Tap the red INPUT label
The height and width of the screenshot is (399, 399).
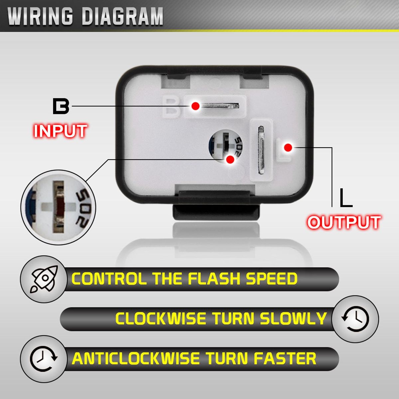(x=60, y=131)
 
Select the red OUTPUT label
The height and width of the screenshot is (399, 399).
(x=344, y=222)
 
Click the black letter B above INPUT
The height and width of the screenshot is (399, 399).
(x=61, y=106)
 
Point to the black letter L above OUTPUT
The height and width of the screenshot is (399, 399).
(x=346, y=198)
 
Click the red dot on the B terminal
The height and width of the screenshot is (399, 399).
(x=195, y=106)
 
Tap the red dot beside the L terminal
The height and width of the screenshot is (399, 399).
(x=288, y=147)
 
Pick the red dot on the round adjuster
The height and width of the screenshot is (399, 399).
(x=230, y=160)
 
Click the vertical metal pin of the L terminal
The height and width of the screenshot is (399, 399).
(x=261, y=150)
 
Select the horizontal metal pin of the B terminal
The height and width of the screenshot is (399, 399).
(x=220, y=106)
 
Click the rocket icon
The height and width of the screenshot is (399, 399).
(x=44, y=279)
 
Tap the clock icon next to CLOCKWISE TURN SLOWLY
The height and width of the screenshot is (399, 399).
(x=355, y=319)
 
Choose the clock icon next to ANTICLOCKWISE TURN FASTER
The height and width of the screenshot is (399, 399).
(x=44, y=359)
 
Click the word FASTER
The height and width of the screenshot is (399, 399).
(x=285, y=359)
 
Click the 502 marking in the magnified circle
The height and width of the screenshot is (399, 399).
(x=83, y=207)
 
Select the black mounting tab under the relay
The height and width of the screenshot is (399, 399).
(x=216, y=211)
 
